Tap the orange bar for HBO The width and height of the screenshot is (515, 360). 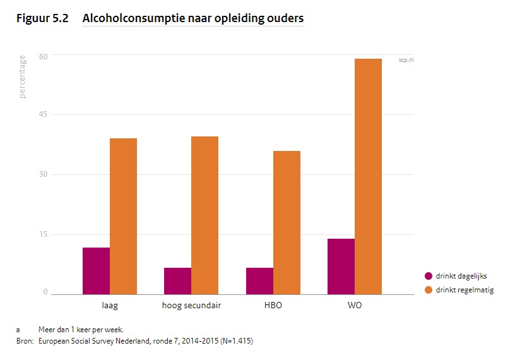[x=287, y=222]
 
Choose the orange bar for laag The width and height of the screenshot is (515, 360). [x=123, y=216]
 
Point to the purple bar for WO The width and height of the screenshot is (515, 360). [x=341, y=266]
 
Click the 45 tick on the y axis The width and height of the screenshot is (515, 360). [x=45, y=115]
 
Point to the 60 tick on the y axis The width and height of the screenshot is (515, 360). [x=45, y=56]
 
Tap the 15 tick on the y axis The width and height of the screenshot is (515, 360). [x=45, y=234]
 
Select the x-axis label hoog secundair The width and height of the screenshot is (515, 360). [x=191, y=306]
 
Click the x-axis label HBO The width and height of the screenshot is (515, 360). [x=273, y=306]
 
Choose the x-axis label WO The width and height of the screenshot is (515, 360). [x=355, y=306]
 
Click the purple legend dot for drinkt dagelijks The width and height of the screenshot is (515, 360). [x=428, y=276]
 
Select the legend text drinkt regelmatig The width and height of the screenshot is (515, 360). [x=465, y=290]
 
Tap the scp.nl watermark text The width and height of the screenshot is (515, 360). [x=406, y=60]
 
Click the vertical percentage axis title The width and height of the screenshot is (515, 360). [x=23, y=76]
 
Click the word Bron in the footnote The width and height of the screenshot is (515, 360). [x=25, y=341]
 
